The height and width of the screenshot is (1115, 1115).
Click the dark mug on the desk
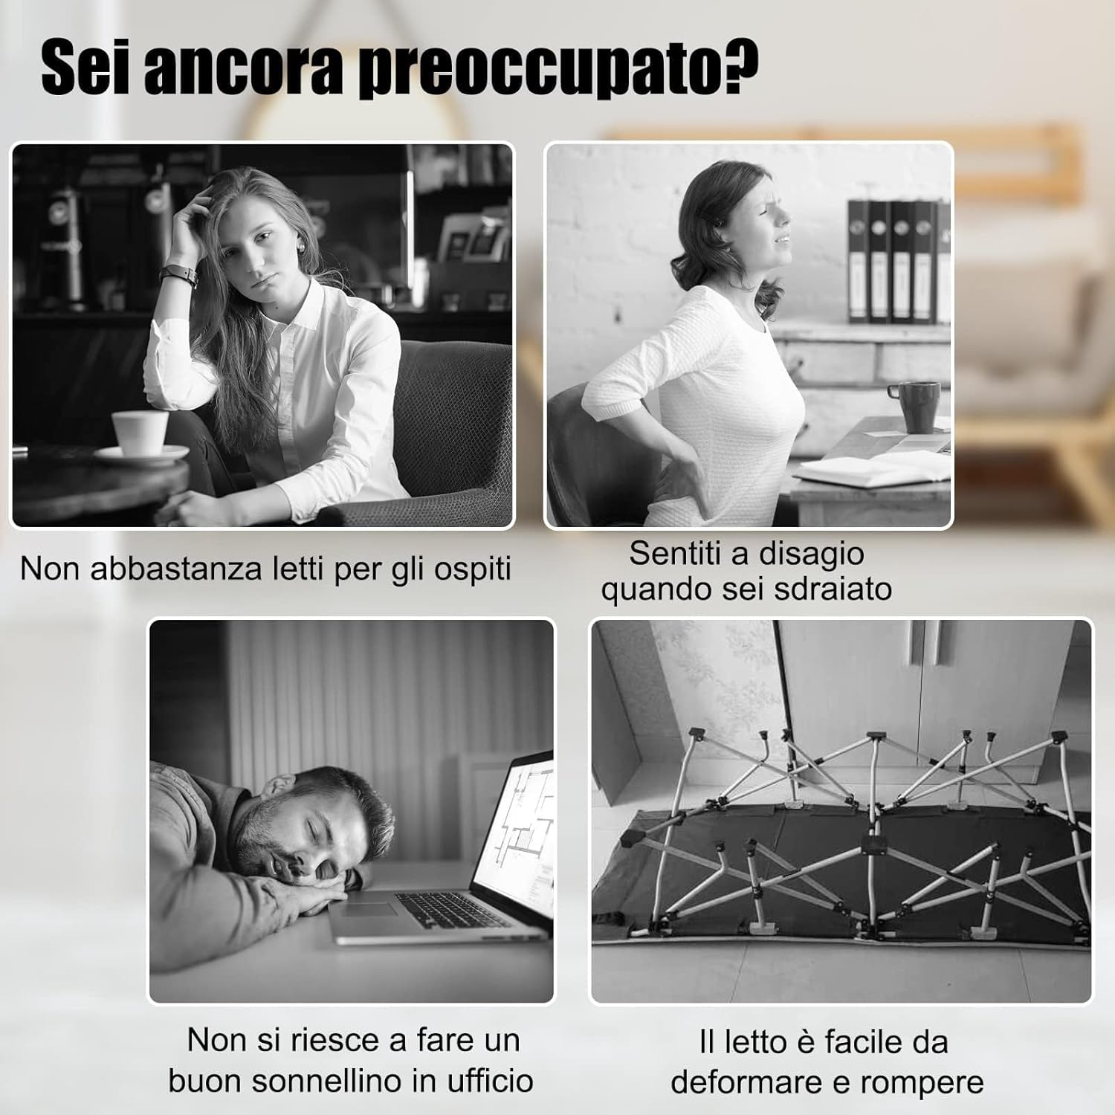920,406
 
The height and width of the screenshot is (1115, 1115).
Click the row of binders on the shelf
899,261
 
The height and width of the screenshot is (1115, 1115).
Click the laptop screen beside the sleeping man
514,833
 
